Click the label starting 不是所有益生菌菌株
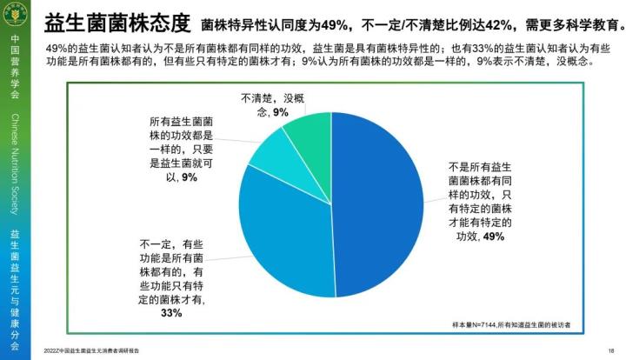479,200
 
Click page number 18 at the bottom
611,350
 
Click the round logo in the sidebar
15,16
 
